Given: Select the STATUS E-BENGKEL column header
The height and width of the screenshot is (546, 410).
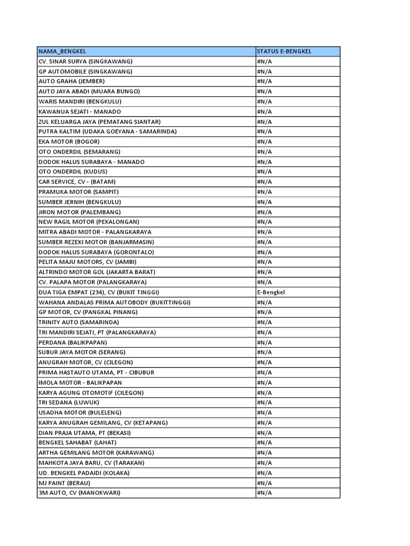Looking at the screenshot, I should click(x=284, y=51).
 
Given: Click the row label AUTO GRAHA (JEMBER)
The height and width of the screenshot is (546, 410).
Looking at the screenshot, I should click(x=72, y=81).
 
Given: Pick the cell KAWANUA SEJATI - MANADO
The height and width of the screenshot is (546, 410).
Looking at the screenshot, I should click(x=80, y=111).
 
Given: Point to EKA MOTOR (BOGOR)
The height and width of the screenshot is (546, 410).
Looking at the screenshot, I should click(x=69, y=141).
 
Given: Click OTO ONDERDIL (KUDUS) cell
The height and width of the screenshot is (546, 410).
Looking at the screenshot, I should click(x=73, y=172).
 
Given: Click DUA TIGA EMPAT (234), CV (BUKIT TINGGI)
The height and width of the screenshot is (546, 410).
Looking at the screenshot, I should click(x=99, y=292).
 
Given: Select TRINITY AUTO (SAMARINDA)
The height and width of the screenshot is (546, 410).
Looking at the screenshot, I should click(x=78, y=322).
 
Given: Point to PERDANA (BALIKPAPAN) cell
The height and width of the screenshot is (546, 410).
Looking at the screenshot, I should click(x=73, y=342).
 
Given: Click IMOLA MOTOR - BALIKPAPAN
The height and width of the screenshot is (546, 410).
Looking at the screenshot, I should click(x=80, y=382).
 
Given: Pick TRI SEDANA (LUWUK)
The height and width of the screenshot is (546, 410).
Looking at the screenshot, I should click(x=68, y=403).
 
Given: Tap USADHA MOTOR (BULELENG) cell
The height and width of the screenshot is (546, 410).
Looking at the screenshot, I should click(x=80, y=412).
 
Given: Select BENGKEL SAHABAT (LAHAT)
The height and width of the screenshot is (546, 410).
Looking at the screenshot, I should click(x=77, y=443).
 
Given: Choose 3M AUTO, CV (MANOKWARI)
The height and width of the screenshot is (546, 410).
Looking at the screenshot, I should click(x=80, y=493).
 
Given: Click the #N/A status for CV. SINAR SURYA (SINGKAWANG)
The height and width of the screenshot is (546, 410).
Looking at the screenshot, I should click(x=264, y=61).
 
